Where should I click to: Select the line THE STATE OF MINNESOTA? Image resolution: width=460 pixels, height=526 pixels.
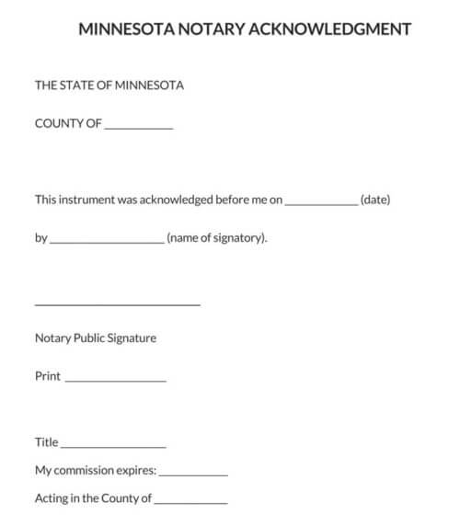click(x=109, y=86)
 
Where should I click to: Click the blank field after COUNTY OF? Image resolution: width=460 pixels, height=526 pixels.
click(x=139, y=126)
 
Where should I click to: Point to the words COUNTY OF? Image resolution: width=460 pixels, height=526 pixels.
click(x=68, y=123)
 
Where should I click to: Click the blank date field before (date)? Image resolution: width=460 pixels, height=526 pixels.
click(x=321, y=202)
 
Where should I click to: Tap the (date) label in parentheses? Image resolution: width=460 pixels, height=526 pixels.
click(x=375, y=199)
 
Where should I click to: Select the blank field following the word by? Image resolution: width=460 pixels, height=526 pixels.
click(x=107, y=241)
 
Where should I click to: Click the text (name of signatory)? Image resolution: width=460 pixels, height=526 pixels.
click(x=217, y=238)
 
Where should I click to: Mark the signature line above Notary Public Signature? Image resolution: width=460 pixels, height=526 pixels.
click(x=117, y=303)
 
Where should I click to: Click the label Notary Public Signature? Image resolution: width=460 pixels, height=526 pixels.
click(x=96, y=337)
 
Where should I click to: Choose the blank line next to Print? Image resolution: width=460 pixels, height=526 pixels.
click(x=116, y=379)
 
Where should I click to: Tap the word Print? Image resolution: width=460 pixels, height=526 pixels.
click(x=48, y=376)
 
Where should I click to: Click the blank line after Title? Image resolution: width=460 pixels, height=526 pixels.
click(x=113, y=446)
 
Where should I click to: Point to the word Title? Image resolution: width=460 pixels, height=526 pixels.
click(x=47, y=442)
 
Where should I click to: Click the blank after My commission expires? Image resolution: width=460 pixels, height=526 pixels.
click(x=193, y=475)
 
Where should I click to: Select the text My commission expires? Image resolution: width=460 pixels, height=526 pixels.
click(x=96, y=471)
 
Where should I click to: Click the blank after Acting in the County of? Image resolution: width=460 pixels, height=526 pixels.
click(x=190, y=502)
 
